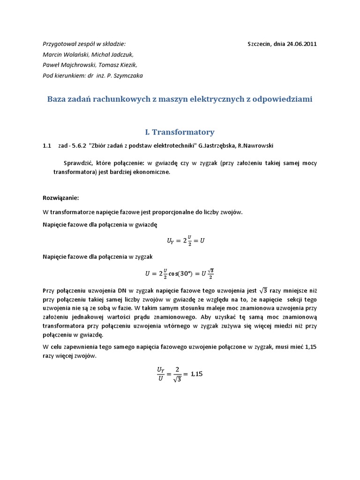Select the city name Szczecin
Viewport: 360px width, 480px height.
259,44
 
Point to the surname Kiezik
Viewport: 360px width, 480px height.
127,65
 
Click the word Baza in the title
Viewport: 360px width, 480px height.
58,99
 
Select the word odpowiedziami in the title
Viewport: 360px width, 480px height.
282,99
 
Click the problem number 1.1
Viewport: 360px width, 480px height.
46,146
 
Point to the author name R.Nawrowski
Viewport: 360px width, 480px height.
258,146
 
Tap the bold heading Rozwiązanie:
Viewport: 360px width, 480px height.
60,197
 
